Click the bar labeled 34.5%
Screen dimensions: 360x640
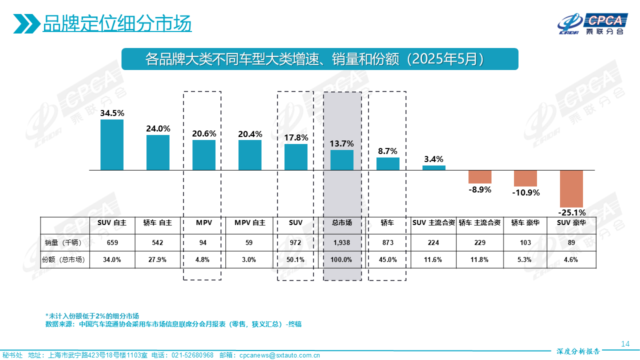tap(112, 144)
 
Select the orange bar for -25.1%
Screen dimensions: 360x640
tap(571, 188)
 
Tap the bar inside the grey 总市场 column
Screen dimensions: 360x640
tap(342, 160)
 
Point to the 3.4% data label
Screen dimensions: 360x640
tap(433, 159)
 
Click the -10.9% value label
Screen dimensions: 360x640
tap(526, 192)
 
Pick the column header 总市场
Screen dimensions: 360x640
tap(342, 223)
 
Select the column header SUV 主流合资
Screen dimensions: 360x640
tap(433, 223)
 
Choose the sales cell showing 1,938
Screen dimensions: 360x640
tap(342, 242)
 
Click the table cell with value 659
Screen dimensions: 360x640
tap(112, 242)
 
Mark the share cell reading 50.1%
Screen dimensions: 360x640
tap(296, 259)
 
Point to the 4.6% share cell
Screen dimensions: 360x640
tap(571, 259)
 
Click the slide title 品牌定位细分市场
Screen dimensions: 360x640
tap(117, 23)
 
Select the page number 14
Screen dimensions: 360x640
tap(624, 344)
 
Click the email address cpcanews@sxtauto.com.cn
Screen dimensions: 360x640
tap(280, 355)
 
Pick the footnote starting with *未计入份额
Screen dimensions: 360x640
tap(92, 316)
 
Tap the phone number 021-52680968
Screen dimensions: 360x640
tap(192, 355)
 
